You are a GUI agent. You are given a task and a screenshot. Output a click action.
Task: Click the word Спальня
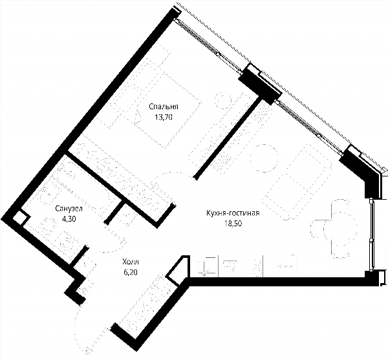[164, 107]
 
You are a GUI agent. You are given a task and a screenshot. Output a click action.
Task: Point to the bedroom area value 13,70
[164, 117]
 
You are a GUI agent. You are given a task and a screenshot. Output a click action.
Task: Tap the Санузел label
[69, 209]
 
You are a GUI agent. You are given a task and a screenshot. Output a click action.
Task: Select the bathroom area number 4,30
[69, 219]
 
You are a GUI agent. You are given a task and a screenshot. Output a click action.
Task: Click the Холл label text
[131, 262]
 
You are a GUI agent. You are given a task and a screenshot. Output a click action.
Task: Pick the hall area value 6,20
[131, 272]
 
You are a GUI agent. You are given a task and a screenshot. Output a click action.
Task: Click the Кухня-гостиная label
[233, 213]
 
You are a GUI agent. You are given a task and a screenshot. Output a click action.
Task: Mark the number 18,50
[233, 223]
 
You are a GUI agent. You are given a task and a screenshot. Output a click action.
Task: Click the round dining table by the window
[340, 228]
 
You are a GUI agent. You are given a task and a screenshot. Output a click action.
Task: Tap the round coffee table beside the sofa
[264, 158]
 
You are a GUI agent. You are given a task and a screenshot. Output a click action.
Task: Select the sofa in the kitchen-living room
[297, 182]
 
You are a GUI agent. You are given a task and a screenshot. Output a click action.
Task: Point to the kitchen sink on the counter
[230, 264]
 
